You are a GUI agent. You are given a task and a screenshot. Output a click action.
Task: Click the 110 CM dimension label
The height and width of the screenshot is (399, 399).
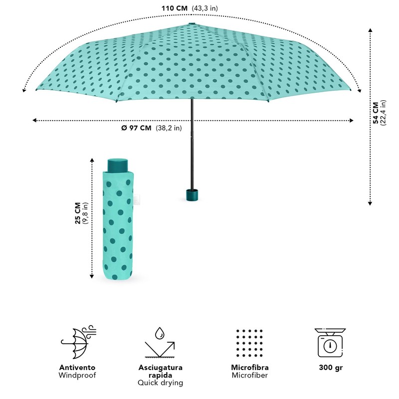175,8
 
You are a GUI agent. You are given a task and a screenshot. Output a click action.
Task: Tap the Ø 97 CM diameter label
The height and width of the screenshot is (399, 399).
136,128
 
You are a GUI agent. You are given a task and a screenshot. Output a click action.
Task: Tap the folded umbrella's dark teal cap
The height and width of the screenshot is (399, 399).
118,165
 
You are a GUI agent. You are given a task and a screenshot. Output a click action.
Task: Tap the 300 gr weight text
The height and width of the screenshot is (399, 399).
330,368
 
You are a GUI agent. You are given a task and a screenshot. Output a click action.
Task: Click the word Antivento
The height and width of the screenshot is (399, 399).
77,368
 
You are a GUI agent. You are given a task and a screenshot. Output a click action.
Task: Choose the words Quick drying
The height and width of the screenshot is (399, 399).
160,383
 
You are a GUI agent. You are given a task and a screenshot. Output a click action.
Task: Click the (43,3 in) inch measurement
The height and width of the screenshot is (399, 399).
205,8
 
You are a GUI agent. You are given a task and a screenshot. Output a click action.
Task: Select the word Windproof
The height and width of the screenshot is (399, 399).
77,375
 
